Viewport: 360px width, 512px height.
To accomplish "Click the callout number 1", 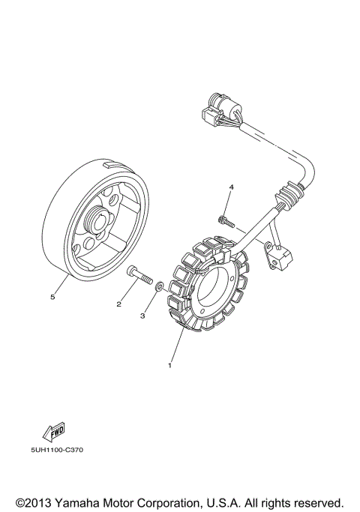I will (x=169, y=366).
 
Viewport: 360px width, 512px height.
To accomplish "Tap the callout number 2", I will (x=118, y=304).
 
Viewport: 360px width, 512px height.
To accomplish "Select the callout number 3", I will (x=142, y=316).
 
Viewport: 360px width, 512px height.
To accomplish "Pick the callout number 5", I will (x=52, y=297).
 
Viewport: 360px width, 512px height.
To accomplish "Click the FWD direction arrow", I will (x=54, y=431).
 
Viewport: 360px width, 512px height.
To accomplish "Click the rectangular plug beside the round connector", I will (x=208, y=115).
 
